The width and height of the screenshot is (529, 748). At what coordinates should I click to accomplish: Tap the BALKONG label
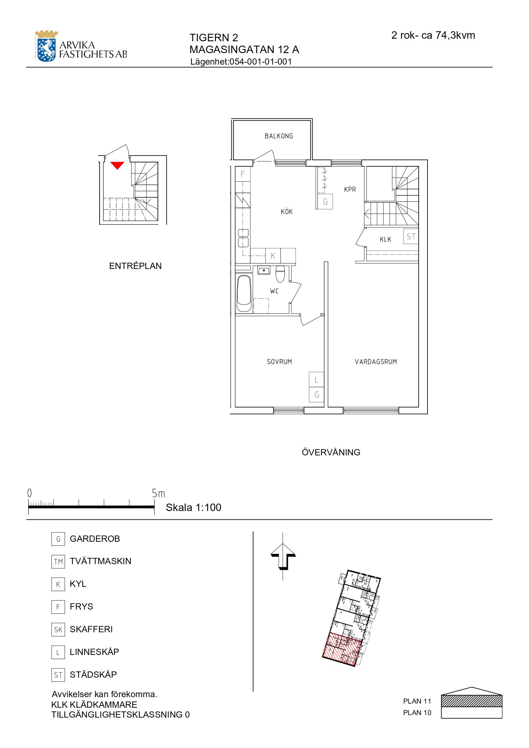(279, 136)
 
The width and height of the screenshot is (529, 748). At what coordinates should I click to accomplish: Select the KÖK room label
(287, 212)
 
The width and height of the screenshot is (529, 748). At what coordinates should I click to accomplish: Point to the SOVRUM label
(279, 362)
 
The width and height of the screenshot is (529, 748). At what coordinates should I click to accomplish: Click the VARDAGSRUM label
(376, 362)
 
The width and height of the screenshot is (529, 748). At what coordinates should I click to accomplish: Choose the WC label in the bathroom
(275, 291)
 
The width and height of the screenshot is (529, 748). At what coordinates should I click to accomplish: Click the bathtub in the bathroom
(244, 294)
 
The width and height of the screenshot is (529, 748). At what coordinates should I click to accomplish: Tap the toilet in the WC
(280, 274)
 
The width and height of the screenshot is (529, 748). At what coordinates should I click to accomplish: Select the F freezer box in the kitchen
(243, 174)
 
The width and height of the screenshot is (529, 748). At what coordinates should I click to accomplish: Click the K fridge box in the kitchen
(273, 256)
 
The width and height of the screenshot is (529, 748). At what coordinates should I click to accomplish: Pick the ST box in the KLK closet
(411, 237)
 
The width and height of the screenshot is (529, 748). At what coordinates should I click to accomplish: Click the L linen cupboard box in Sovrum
(317, 380)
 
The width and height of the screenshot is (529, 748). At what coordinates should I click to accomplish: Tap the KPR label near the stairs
(350, 189)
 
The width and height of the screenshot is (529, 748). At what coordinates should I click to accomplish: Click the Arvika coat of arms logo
(47, 46)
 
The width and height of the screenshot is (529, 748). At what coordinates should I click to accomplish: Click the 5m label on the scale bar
(158, 494)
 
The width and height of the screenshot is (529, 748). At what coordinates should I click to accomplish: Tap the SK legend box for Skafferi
(58, 630)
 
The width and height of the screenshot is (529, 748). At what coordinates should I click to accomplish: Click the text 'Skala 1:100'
(194, 508)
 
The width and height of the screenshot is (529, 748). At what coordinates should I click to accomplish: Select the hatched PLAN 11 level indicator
(472, 701)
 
